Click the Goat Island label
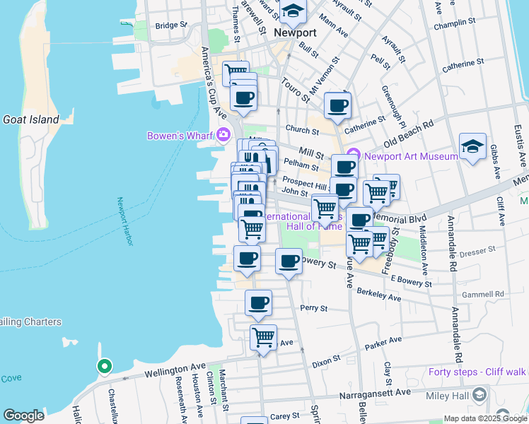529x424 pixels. (30, 119)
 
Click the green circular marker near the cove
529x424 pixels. (104, 366)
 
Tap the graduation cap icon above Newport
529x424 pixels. (293, 11)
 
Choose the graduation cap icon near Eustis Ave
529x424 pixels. (472, 146)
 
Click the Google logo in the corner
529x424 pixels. (23, 416)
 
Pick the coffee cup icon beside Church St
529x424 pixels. (337, 106)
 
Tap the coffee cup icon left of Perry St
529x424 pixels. (258, 303)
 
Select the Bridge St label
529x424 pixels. (170, 25)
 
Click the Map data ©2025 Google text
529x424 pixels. (484, 418)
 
